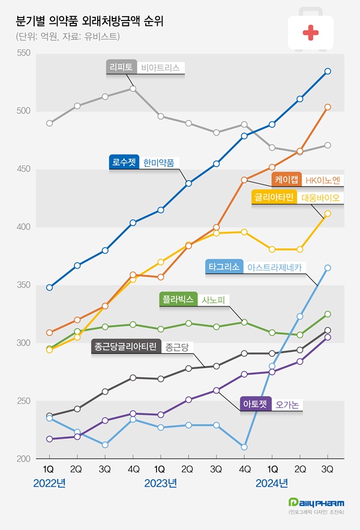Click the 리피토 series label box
[122, 68]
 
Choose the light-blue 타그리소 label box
[224, 266]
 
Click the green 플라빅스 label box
[178, 299]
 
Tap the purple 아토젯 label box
[256, 404]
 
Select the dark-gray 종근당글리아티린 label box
[127, 347]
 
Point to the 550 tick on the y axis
[23, 54]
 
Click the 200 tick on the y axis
[23, 459]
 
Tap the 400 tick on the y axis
[23, 227]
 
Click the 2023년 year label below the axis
[160, 483]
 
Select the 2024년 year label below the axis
[272, 483]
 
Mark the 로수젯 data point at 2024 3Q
[328, 71]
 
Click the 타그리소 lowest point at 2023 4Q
[244, 447]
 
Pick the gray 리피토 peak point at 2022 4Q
[133, 89]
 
